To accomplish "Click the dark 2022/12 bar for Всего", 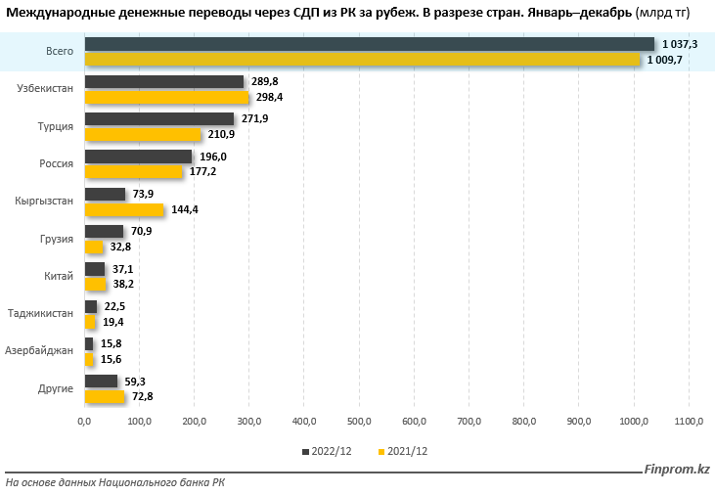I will [x=370, y=44].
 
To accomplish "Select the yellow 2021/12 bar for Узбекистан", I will [x=166, y=98].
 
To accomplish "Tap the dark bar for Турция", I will [x=159, y=118].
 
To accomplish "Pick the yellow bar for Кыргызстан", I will [x=124, y=209].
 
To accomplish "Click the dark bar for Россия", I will [x=138, y=157].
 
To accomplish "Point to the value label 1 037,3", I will [x=681, y=44].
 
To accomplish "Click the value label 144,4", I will [x=186, y=209].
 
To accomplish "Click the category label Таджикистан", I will [x=40, y=313].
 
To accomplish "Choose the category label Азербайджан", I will [x=39, y=350].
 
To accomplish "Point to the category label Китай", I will [x=59, y=276].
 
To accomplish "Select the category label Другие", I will [x=57, y=388].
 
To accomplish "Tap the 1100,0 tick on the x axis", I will [x=688, y=422].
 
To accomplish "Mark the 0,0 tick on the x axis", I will [x=85, y=422].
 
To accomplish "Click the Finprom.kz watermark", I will [x=677, y=471].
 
